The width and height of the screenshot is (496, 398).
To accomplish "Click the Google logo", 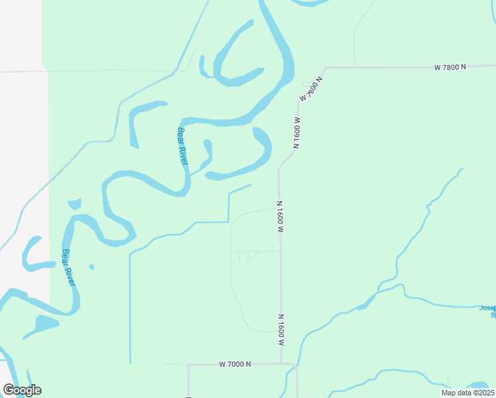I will coord(22,390).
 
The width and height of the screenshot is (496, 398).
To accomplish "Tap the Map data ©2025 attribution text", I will coord(467,393).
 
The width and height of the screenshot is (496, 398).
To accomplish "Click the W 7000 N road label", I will coord(235,364).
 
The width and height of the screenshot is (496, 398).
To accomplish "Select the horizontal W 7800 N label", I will coord(451,68).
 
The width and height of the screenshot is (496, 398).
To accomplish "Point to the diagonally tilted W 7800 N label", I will coord(310,88).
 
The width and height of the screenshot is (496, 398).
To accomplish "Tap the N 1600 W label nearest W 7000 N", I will coord(281,330).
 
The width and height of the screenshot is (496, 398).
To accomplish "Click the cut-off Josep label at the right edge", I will coord(487,311).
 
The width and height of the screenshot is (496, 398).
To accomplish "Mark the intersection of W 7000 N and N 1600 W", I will coord(282,364).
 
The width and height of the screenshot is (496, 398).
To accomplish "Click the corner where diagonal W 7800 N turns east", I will coord(325,68).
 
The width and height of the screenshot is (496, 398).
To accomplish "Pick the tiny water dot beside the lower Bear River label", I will coord(92,267).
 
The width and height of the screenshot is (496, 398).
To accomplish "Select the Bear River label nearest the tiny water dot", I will coord(69,267).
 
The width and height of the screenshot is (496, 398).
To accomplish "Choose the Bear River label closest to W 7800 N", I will coord(183,147).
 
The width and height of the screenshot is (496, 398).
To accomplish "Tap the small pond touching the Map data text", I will coord(479,385).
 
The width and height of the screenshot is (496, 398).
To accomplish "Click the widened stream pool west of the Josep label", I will coord(363,306).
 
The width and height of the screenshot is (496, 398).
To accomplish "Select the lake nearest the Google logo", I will coord(44,326).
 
